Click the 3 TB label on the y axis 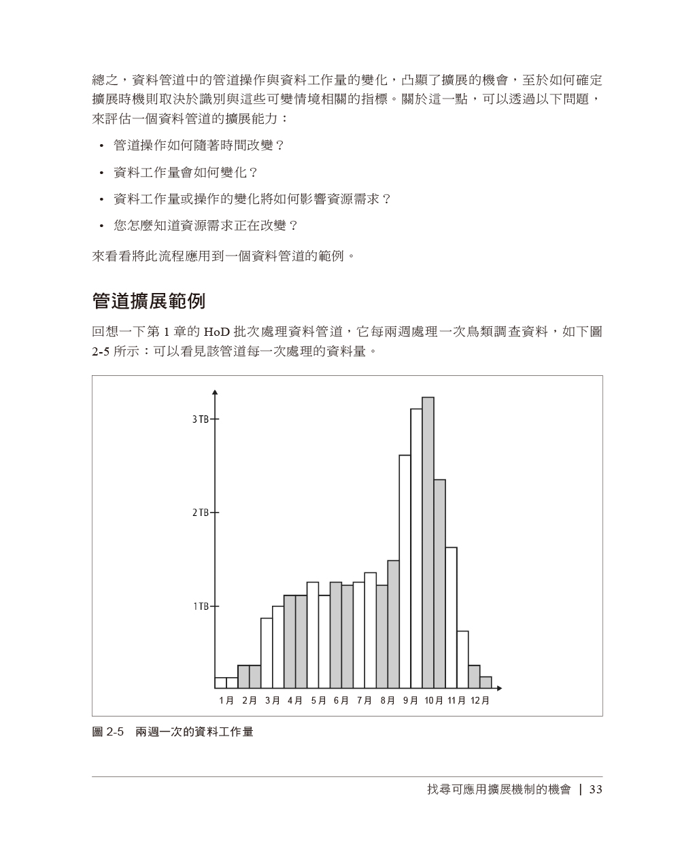200,419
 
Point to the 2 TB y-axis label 200,513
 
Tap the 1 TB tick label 200,606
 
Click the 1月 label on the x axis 226,700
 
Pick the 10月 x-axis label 434,700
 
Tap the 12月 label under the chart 480,700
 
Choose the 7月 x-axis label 364,700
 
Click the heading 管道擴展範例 148,300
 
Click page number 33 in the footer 596,789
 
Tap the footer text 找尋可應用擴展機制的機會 499,789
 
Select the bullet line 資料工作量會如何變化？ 186,172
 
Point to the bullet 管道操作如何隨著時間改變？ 199,145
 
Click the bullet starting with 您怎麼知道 205,225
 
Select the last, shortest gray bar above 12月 486,682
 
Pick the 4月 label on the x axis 295,700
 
